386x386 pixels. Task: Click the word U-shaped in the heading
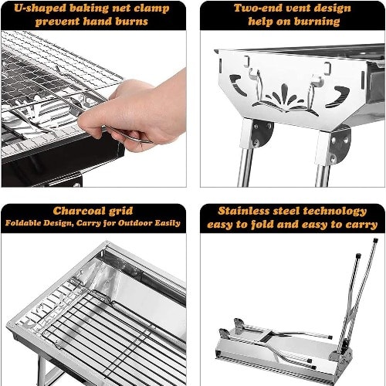(39, 8)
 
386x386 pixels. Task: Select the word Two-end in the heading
(258, 8)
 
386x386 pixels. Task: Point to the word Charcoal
(80, 211)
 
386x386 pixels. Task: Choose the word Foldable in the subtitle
(22, 223)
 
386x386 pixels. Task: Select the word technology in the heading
(335, 212)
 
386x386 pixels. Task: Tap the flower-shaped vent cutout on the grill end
(285, 99)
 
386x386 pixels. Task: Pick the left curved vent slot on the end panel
(238, 84)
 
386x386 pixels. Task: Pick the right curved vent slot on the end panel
(337, 96)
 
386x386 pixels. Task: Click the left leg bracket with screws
(261, 132)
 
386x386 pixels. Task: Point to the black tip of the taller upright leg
(376, 241)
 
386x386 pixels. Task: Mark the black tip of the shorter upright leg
(358, 256)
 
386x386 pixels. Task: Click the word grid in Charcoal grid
(121, 212)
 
